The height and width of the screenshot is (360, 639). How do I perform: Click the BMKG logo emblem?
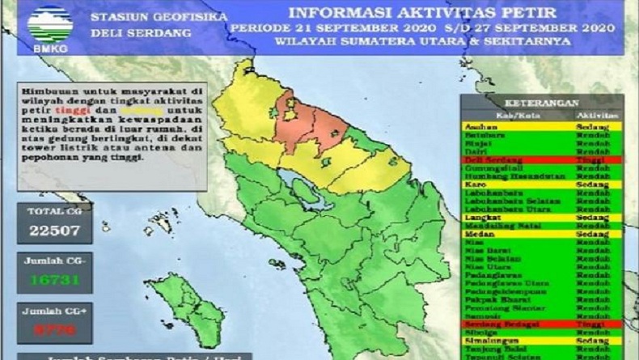[49, 24]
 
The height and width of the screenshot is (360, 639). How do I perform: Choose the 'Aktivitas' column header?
[597, 116]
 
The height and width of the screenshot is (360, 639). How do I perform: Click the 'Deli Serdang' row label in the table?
[494, 160]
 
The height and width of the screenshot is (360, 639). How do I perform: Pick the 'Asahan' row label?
[482, 127]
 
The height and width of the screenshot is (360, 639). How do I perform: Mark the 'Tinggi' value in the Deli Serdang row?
[597, 160]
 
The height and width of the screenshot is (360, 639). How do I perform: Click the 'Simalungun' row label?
[490, 341]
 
